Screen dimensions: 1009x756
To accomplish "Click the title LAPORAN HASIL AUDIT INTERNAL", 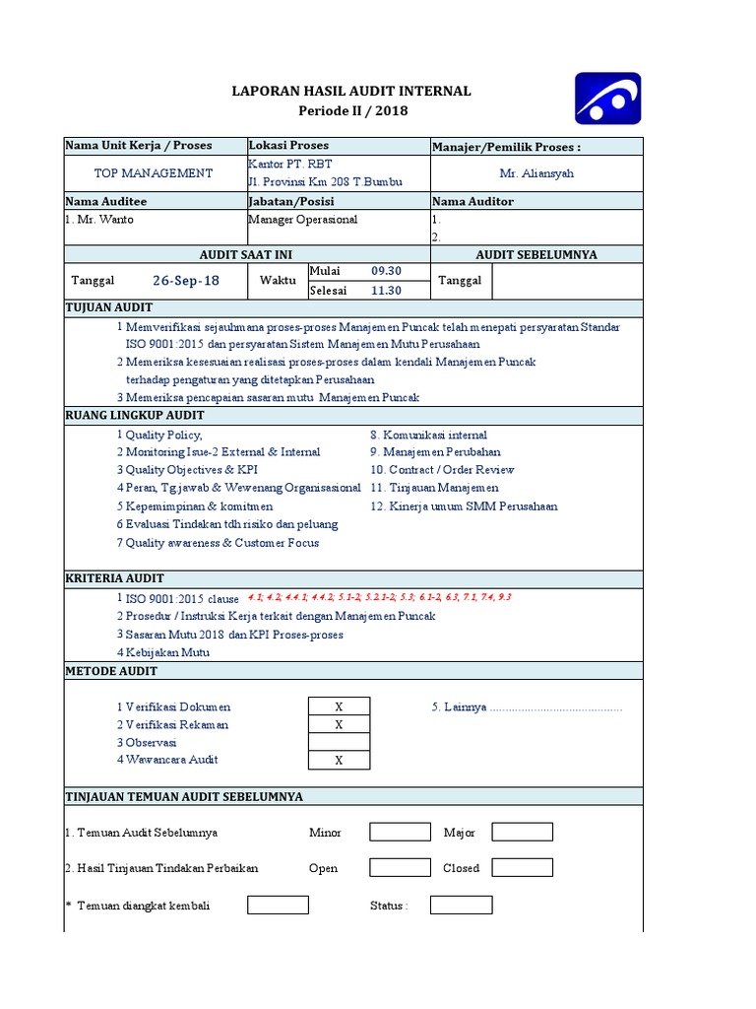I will point(350,92).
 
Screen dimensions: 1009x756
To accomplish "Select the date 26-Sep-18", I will point(186,281).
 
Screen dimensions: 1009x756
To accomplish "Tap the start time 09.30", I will point(386,271).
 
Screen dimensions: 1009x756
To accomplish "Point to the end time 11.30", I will point(386,291).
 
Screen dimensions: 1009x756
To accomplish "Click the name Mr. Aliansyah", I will point(536,173).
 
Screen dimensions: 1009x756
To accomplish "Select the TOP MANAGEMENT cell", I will point(154,173).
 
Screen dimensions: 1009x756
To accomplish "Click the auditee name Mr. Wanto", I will point(99,220).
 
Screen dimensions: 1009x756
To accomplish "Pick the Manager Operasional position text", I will point(303,220).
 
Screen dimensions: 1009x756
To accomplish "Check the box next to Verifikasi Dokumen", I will point(339,706).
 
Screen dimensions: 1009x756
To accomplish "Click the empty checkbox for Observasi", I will point(339,742).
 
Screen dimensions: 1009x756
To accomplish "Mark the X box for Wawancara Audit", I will point(339,760).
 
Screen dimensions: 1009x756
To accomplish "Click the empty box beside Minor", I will point(400,832).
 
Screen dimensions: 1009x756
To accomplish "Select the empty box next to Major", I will point(522,832).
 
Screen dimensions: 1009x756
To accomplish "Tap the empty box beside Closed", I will point(522,868).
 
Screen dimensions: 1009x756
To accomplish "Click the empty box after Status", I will point(461,905).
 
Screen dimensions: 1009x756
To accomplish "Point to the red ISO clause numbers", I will point(379,598).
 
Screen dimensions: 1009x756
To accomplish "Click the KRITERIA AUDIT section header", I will point(115,578).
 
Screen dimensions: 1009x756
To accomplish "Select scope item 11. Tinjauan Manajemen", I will point(434,488).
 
